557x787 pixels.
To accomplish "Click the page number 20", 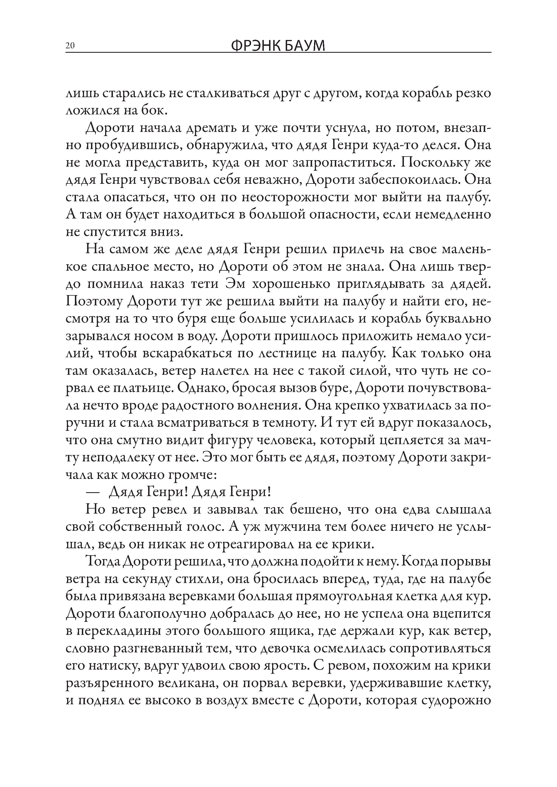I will pyautogui.click(x=70, y=46).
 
